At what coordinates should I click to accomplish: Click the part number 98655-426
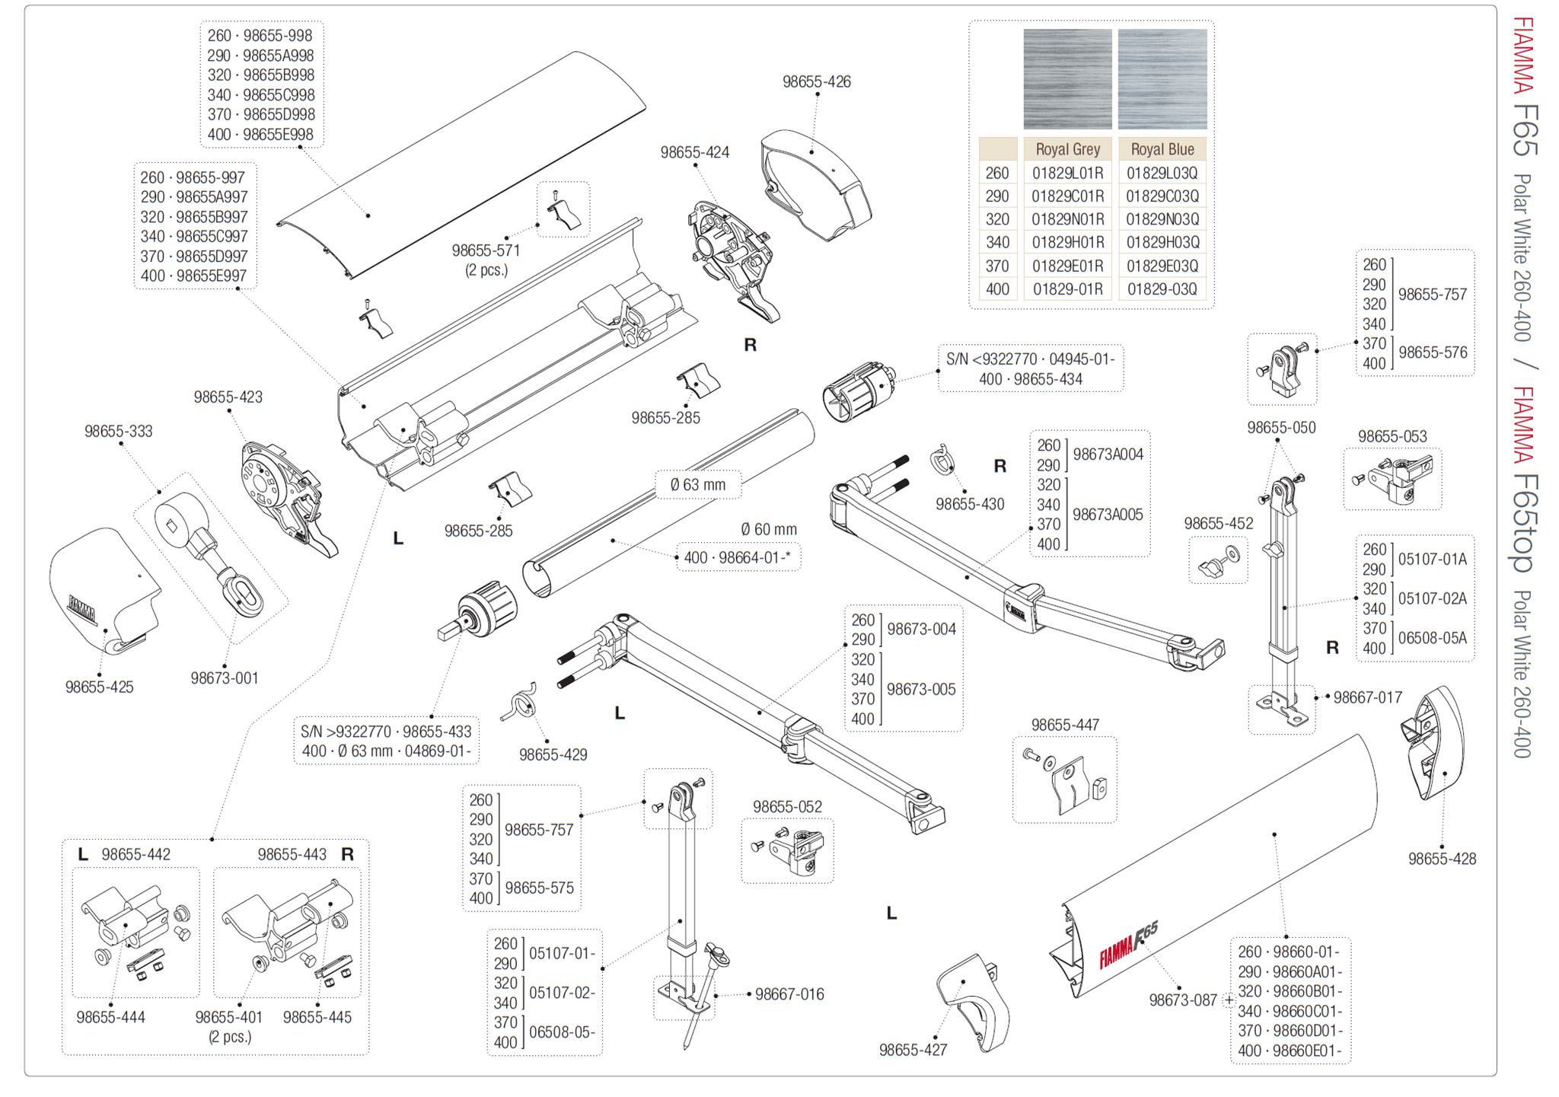click(x=816, y=82)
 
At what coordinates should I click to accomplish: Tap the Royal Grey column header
click(x=1067, y=149)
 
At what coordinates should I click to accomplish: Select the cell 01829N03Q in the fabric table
click(x=1162, y=219)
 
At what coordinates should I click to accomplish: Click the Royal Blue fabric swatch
click(x=1162, y=78)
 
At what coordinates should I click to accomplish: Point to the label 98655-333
click(x=118, y=432)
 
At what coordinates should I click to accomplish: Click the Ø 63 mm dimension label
click(x=698, y=485)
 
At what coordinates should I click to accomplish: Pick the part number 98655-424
click(x=694, y=153)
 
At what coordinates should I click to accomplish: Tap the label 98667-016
click(x=789, y=994)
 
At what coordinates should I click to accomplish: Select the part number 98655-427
click(x=913, y=1050)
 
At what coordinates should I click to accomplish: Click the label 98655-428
click(x=1442, y=859)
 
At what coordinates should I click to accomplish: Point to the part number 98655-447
click(x=1065, y=725)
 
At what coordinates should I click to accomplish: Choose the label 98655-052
click(x=787, y=806)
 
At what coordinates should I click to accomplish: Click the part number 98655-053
click(x=1392, y=436)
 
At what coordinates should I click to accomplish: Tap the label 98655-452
click(x=1218, y=524)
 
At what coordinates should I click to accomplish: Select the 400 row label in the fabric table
click(x=997, y=289)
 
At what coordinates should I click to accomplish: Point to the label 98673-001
click(x=225, y=678)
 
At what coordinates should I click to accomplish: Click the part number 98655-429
click(x=553, y=754)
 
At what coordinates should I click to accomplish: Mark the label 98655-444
click(x=110, y=1017)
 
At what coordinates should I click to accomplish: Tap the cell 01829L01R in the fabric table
click(x=1067, y=173)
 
